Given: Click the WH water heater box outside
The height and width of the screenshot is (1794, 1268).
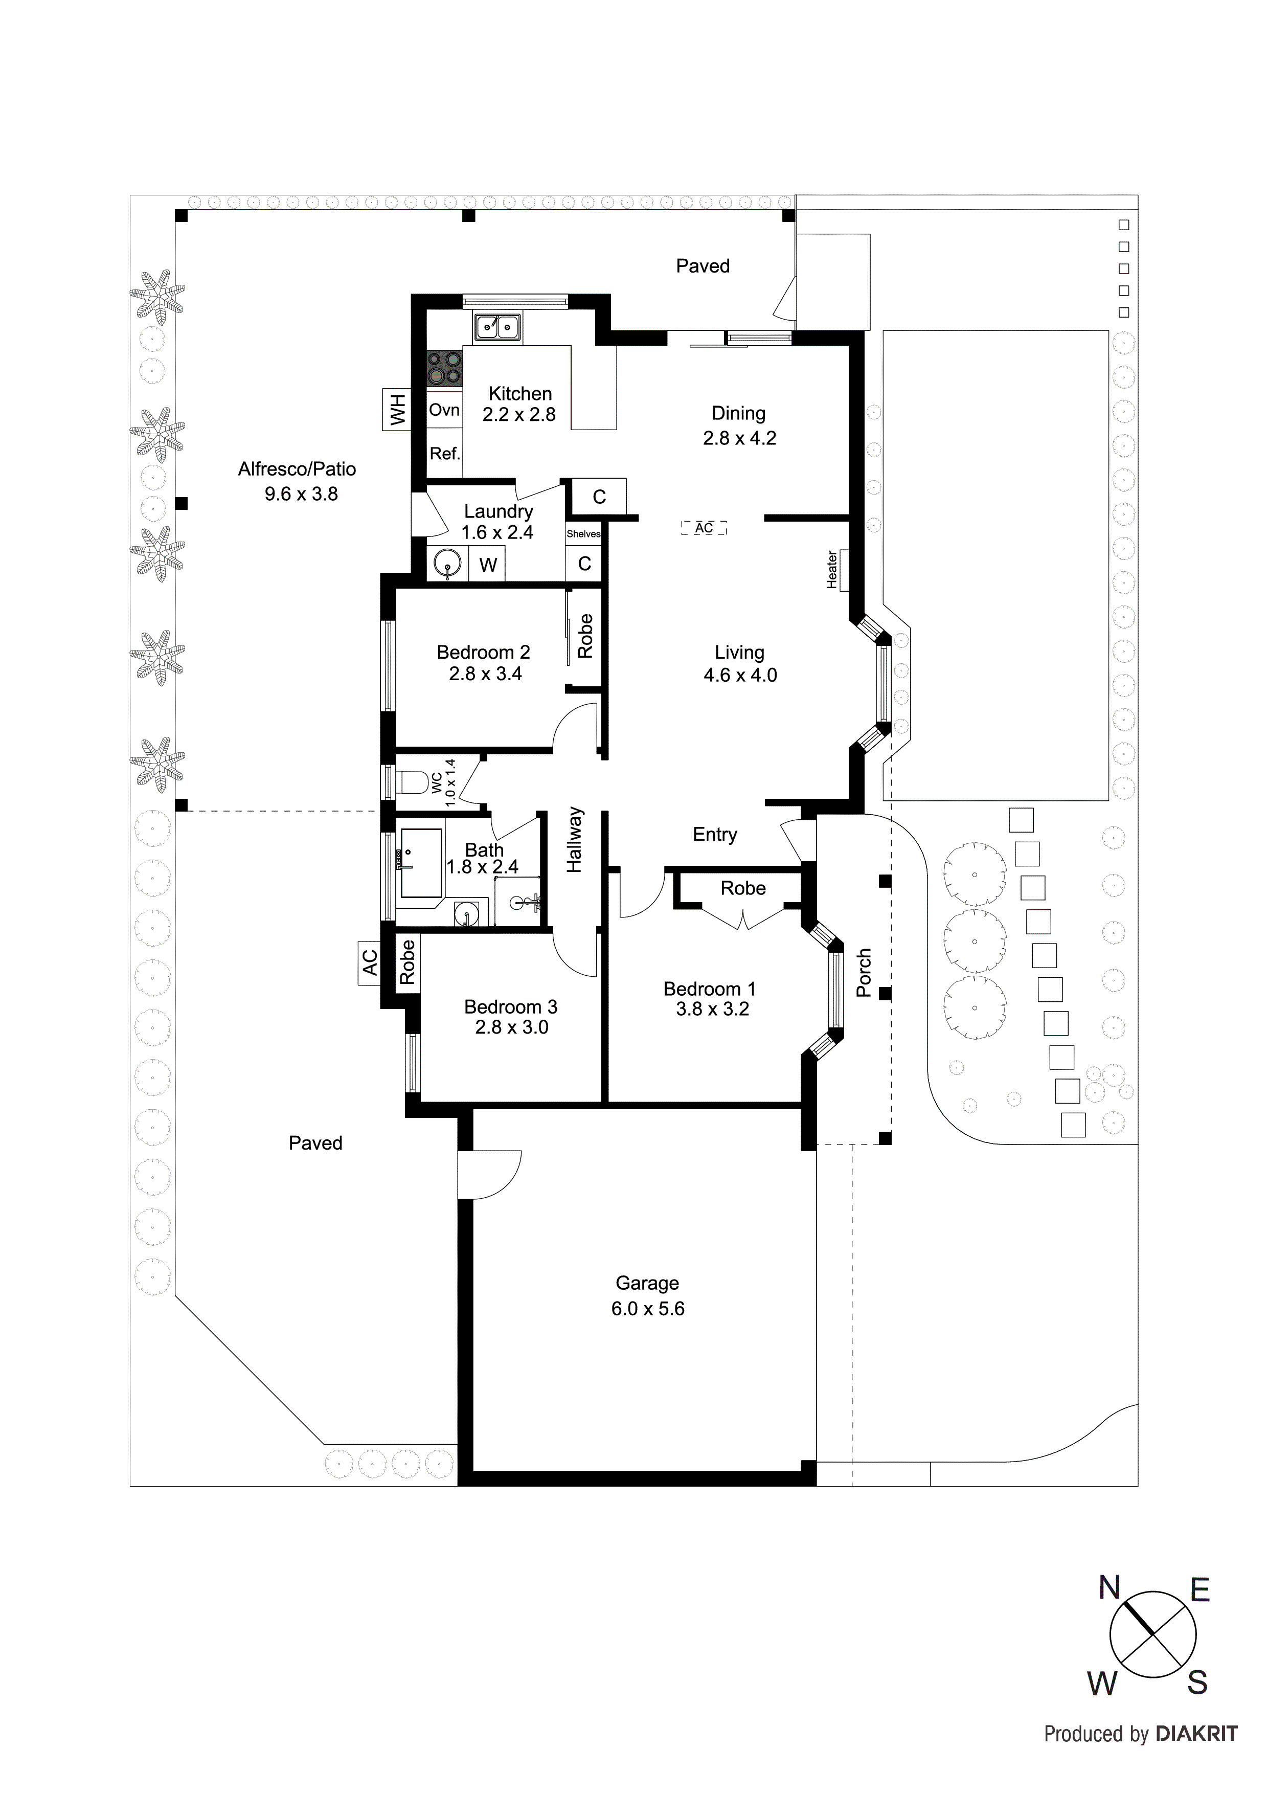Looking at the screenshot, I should [397, 410].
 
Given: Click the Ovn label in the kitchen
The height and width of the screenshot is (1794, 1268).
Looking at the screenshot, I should [444, 410].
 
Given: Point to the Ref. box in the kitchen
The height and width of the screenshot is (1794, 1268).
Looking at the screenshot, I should [444, 454].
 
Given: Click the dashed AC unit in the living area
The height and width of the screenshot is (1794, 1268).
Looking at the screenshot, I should [704, 528].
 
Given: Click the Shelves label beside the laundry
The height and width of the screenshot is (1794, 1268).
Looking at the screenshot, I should [583, 534].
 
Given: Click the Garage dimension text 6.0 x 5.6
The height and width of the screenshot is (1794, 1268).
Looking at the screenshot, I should [648, 1309].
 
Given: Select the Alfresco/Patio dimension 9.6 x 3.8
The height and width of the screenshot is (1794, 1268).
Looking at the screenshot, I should [301, 494].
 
